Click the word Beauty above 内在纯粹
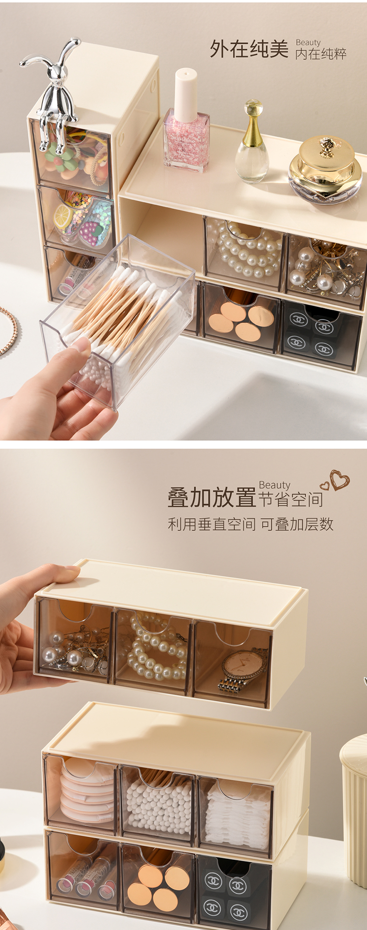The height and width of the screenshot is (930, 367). pos(308,42)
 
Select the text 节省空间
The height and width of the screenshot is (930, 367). pos(291,499)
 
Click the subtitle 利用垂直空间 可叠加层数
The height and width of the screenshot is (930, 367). pos(250,524)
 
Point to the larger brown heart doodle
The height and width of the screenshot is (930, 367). pos(340,480)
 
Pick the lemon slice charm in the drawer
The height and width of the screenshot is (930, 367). pos(63,217)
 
